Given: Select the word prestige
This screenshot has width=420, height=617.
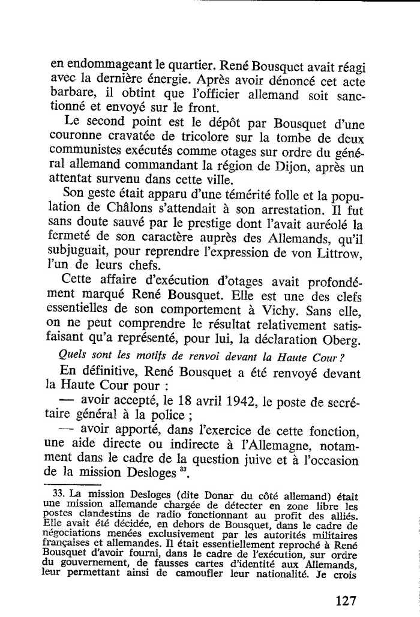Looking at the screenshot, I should click(x=217, y=226).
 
